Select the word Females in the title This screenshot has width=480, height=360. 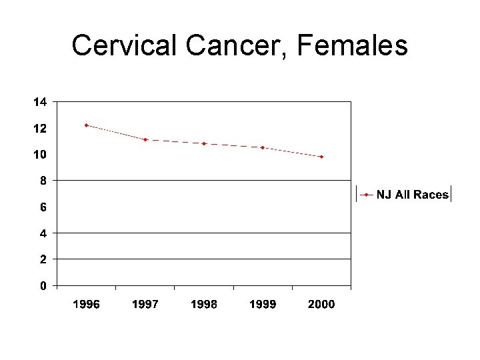pos(353,46)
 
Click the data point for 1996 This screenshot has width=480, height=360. pos(87,125)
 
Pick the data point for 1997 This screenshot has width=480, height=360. pos(145,140)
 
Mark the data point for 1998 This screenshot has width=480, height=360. pos(204,143)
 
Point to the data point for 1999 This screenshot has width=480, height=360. pos(263,147)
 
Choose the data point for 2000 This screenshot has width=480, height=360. pos(321,157)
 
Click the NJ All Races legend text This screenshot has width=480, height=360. pos(413,195)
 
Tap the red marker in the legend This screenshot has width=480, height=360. pos(367,195)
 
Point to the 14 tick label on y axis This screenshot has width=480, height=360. pos(40,102)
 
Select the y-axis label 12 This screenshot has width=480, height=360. pos(40,128)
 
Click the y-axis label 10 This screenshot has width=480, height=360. pos(40,155)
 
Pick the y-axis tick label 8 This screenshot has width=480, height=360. pos(43,181)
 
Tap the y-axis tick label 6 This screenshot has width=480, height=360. pos(43,207)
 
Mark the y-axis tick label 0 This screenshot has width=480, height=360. pos(43,286)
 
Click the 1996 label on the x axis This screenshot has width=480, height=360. pos(87,305)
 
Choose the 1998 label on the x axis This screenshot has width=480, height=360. pos(204,305)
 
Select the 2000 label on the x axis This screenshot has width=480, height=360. pos(321,305)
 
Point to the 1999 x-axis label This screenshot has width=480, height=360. pos(263,305)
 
